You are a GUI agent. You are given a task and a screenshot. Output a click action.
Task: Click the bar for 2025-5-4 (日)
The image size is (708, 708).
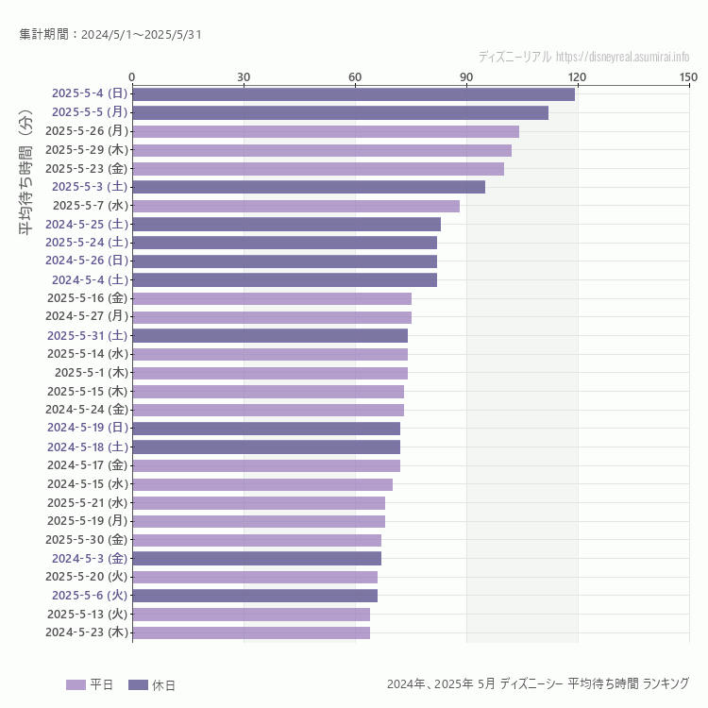pos(353,93)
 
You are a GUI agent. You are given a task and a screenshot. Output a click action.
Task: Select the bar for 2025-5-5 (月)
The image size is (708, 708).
pos(340,112)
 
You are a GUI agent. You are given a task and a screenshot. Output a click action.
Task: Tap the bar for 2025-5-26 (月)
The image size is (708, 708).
pos(326,131)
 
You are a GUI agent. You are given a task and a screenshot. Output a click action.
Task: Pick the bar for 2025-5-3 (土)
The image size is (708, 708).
pos(309,187)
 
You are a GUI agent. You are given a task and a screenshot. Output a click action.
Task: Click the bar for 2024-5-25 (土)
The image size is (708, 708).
pos(286,224)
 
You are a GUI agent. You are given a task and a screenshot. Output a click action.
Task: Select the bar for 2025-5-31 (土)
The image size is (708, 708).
pos(270,335)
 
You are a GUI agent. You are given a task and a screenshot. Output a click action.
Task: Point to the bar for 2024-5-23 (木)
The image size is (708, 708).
pos(251,632)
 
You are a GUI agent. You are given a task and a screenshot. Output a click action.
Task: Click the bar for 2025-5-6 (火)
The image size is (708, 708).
pos(255,596)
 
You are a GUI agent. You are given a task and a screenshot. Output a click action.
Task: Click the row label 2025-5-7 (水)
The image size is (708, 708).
pos(91,205)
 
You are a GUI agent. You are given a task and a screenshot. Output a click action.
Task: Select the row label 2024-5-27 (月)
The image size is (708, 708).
pos(87,316)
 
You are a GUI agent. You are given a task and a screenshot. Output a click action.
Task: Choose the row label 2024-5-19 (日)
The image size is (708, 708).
pos(87,428)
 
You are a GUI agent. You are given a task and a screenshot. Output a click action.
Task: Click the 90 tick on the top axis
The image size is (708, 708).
pos(466,76)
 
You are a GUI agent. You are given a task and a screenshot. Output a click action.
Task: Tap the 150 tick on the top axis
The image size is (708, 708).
pos(688,76)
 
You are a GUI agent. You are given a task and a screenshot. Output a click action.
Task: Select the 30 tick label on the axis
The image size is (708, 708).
pos(244,76)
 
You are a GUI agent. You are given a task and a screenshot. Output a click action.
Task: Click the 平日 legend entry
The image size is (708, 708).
pos(90,684)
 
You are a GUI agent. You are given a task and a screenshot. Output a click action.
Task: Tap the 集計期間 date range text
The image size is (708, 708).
pos(110,35)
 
